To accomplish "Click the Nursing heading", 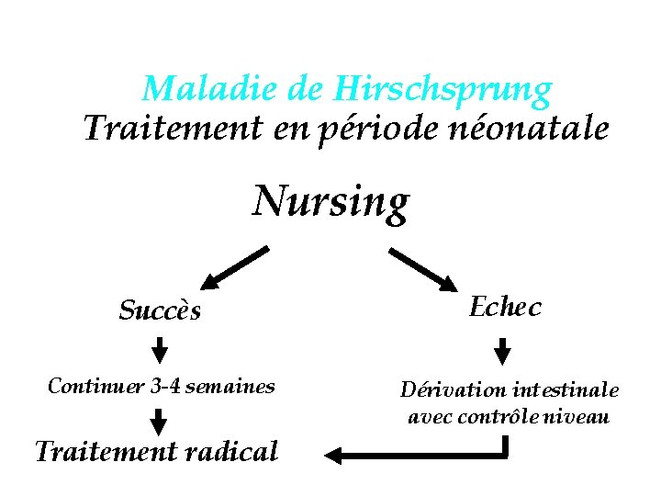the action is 330,201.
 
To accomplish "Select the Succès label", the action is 160,310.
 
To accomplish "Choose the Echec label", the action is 505,307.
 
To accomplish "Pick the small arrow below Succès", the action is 160,350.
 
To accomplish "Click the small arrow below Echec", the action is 502,351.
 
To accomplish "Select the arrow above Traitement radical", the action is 159,421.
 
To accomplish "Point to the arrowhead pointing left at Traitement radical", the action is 335,454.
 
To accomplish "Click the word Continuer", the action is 94,387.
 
